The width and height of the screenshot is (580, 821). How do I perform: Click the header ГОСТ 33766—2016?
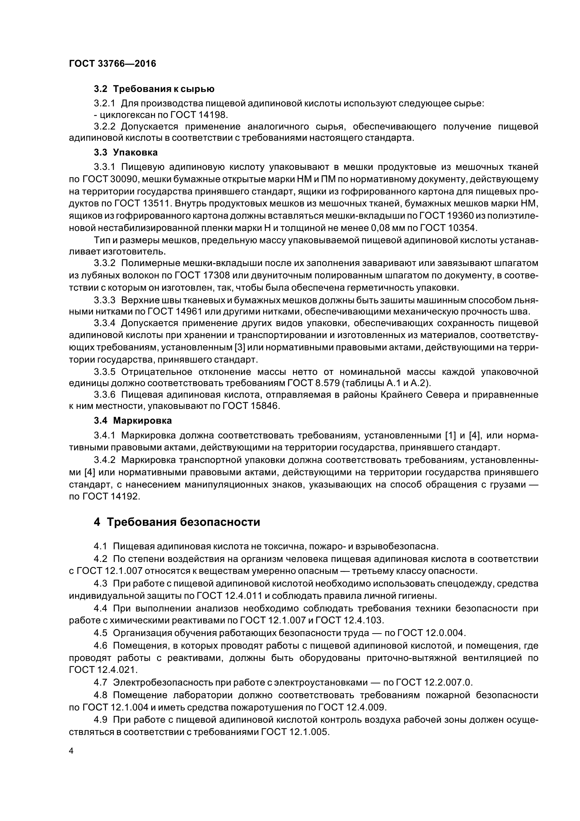pos(112,64)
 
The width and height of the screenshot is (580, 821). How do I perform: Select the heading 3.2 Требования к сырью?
pos(154,89)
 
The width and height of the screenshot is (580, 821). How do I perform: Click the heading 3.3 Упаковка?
pos(126,152)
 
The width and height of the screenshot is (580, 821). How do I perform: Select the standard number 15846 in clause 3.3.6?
pos(264,406)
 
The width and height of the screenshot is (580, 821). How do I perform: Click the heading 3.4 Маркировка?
pos(133,421)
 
